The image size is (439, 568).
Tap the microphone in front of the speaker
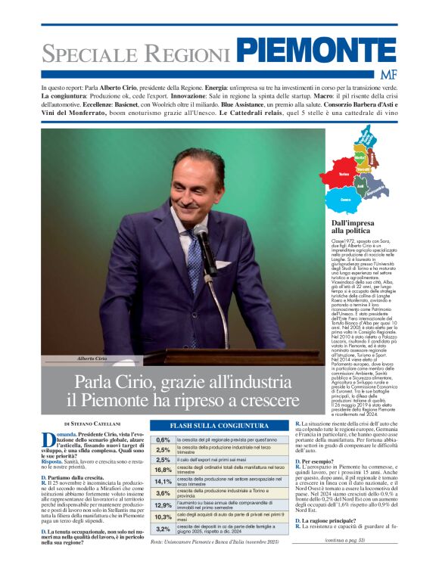(201, 235)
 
